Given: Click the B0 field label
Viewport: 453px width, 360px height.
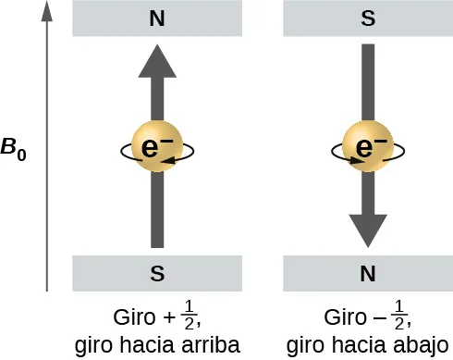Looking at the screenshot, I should point(14,148).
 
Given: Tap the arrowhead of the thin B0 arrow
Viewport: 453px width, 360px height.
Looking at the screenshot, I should point(46,11).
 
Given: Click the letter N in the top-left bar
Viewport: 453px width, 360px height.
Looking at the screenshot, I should point(157,18).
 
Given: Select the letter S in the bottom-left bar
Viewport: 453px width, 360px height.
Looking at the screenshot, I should point(157,273).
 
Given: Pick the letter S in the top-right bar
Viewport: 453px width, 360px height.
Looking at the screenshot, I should point(367,18).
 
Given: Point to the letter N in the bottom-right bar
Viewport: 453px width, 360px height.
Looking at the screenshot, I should point(367,273).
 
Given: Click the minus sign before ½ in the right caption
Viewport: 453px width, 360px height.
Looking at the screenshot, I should point(379,320).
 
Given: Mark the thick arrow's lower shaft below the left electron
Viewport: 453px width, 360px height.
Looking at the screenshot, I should point(157,213).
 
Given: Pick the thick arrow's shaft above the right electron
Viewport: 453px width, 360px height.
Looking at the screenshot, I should point(367,83).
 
